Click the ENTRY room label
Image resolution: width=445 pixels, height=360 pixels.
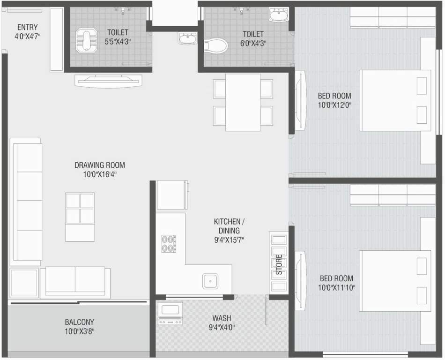tap(27, 27)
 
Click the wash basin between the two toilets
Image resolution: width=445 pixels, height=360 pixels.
tap(188, 38)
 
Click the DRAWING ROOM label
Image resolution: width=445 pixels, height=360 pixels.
tap(100, 165)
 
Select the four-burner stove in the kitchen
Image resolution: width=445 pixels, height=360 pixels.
tap(169, 243)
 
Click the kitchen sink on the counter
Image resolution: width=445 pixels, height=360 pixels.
tap(210, 281)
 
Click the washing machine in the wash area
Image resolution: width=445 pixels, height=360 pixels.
tap(170, 313)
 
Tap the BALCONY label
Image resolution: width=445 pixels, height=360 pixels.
tap(79, 322)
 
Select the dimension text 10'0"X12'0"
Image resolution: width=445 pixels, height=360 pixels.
tap(334, 105)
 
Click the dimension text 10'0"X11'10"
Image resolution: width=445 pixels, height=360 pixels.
tap(336, 287)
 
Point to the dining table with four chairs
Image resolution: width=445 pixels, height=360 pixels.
tap(243, 102)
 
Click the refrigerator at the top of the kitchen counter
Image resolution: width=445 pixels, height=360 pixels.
tap(171, 195)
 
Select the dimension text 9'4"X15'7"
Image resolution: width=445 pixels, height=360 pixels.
tap(227, 240)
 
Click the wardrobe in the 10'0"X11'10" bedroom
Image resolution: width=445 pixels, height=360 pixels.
tap(386, 195)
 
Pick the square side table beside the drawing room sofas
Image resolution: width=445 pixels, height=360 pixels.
tap(24, 283)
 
